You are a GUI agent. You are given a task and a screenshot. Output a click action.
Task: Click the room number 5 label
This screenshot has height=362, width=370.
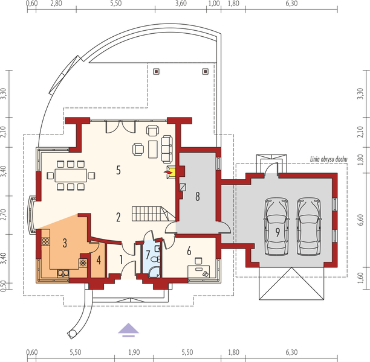coord(119,171)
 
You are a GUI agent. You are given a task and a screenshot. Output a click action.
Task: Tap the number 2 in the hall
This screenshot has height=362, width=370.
coord(119,216)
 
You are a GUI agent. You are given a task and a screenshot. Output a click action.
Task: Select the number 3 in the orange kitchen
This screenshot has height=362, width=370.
coord(64,243)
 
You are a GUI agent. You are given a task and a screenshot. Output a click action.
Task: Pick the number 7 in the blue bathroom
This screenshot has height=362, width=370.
coord(148,253)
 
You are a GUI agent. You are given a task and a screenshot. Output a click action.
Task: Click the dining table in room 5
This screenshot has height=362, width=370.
coord(72,176)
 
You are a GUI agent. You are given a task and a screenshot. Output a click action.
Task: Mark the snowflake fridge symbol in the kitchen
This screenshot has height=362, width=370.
coord(82,263)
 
